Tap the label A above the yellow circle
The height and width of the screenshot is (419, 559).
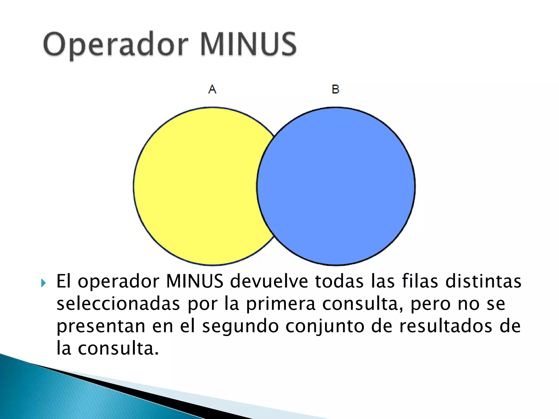(212, 89)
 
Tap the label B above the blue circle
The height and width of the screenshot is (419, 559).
(335, 89)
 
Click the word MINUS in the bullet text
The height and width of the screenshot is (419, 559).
(195, 281)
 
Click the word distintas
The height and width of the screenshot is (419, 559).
(483, 281)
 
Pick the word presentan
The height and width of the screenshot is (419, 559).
(101, 327)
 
